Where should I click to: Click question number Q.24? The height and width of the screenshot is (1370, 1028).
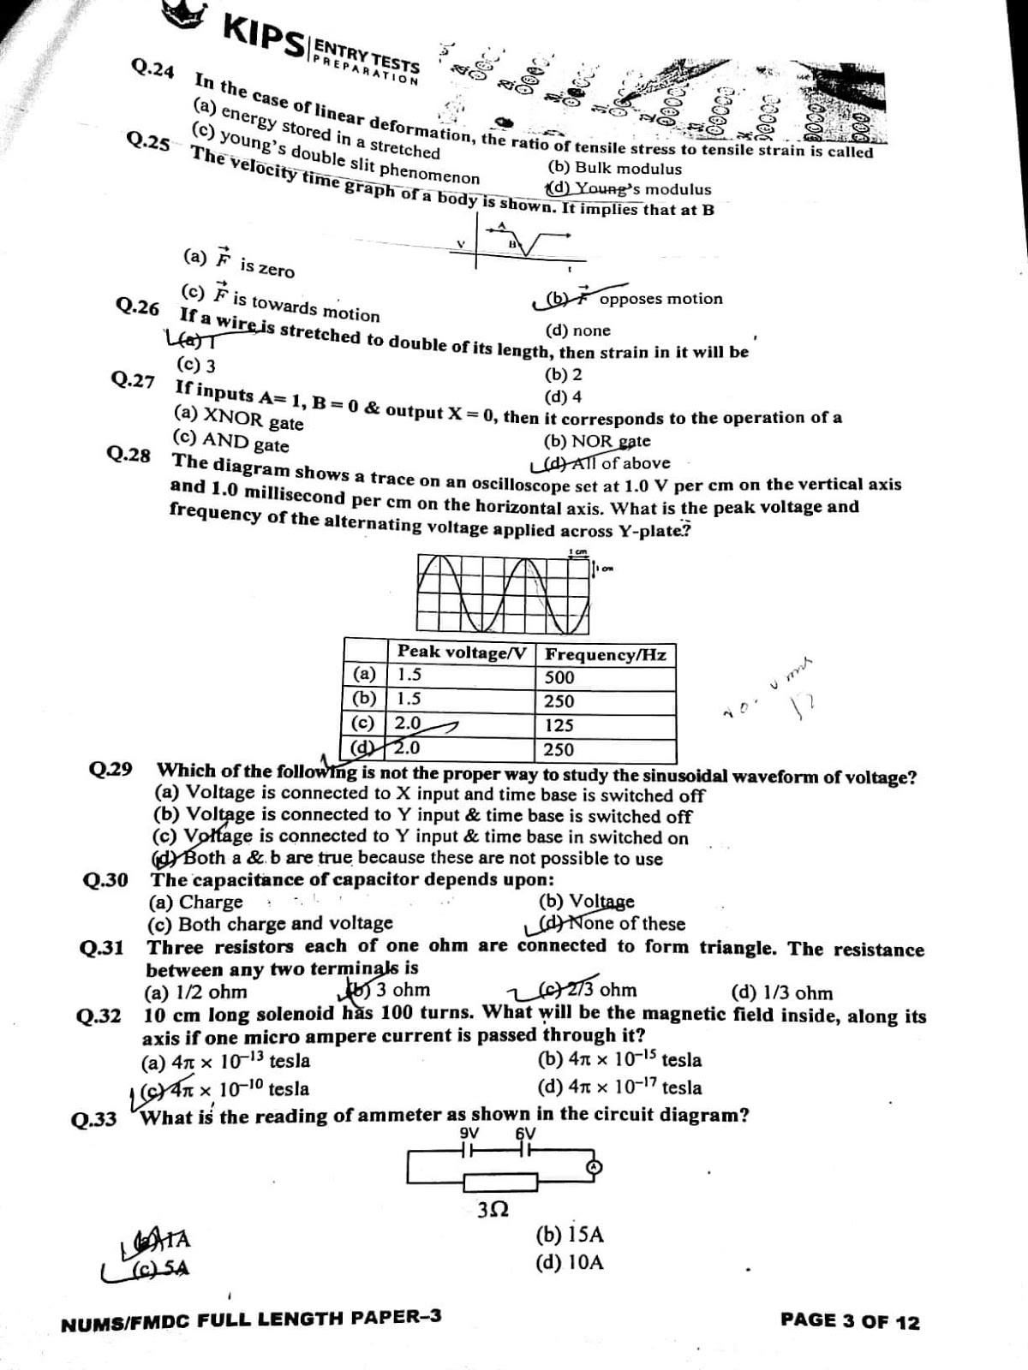coord(152,68)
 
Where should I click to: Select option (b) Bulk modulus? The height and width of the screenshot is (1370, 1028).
coord(614,169)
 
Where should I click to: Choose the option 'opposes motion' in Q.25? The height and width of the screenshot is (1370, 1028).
coord(660,299)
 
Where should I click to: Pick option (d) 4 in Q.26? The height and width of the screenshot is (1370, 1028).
coord(563,396)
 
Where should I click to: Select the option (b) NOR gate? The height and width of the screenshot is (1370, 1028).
coord(597,441)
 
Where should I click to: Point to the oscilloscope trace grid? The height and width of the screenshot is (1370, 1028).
coord(504,593)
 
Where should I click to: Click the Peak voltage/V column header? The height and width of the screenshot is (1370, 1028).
coord(461,652)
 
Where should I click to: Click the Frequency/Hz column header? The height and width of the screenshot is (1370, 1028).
coord(606,655)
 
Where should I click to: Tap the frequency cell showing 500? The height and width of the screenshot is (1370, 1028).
coord(559,677)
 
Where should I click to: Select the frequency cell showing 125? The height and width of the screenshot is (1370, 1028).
coord(559,725)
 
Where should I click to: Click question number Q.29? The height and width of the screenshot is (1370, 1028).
coord(111,769)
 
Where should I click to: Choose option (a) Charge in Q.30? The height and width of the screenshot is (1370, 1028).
coord(196,902)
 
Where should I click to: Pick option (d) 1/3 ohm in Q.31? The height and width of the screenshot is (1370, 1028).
coord(781,992)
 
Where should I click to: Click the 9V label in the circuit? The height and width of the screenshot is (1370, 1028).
coord(469,1133)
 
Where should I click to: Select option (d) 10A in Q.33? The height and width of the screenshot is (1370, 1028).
coord(570,1262)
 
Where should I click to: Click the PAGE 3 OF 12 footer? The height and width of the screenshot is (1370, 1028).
coord(850,1321)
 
